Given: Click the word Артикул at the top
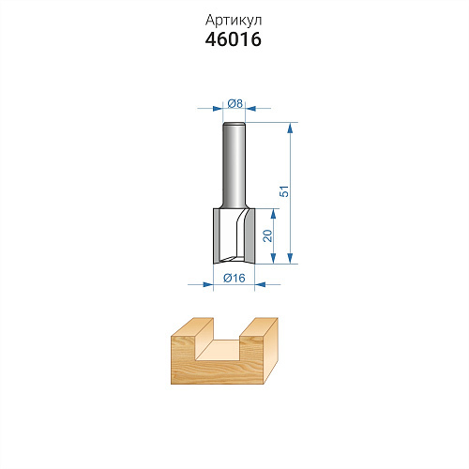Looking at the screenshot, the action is click(234, 21).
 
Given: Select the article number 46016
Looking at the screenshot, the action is click(234, 39).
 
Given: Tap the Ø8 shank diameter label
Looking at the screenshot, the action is click(235, 103).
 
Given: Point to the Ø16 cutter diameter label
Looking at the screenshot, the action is click(234, 278).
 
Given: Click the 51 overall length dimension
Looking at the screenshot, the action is click(284, 191).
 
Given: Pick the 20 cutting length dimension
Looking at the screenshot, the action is click(267, 235).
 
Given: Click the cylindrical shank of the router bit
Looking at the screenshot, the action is click(234, 165).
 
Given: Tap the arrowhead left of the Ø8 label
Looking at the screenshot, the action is click(218, 109).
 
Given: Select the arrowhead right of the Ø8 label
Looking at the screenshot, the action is click(250, 109).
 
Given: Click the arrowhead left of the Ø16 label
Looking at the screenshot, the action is click(208, 284).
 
